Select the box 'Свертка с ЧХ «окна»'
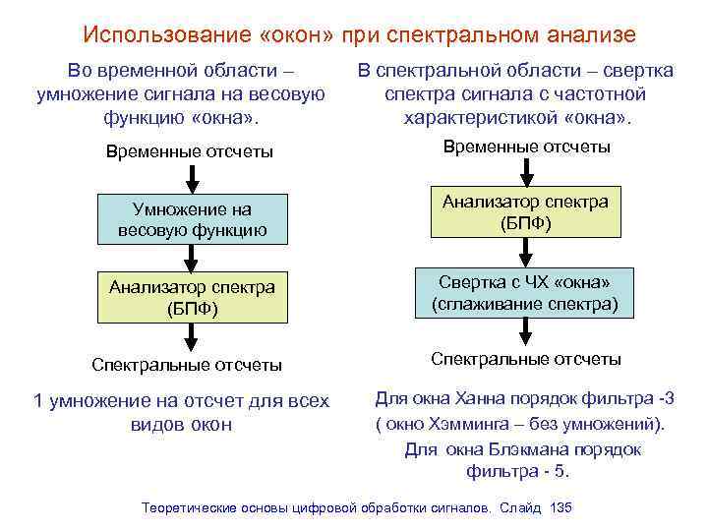coord(526,292)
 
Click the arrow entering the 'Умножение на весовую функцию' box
coord(192,178)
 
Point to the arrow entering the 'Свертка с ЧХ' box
coord(526,252)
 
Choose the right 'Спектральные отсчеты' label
coord(526,359)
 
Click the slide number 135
coord(560,508)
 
